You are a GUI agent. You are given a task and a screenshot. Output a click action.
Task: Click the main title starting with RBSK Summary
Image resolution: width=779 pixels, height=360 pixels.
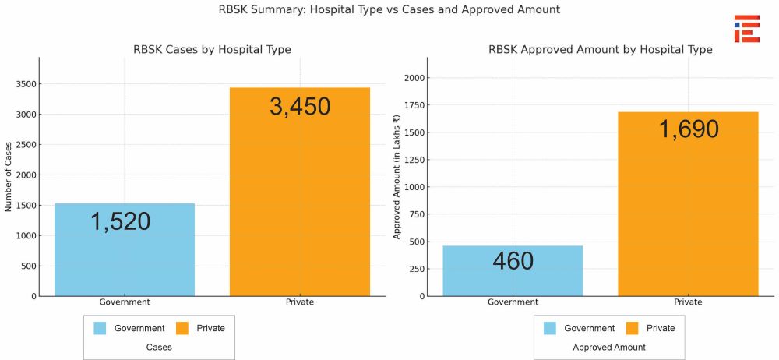pyautogui.click(x=389, y=9)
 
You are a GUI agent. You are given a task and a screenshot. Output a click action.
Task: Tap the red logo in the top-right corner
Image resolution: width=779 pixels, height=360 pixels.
pyautogui.click(x=747, y=28)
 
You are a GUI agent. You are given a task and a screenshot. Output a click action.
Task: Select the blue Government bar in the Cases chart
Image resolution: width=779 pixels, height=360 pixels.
pyautogui.click(x=124, y=249)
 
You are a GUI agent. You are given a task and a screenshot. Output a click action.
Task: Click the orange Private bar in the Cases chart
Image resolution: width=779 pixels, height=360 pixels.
pyautogui.click(x=300, y=192)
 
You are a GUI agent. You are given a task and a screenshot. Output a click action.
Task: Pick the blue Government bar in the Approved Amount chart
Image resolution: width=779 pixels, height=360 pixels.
pyautogui.click(x=513, y=271)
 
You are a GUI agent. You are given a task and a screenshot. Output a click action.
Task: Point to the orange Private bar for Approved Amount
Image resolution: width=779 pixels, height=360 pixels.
pyautogui.click(x=688, y=204)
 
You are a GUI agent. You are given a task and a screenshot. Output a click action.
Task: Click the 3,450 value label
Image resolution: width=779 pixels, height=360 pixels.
pyautogui.click(x=300, y=107)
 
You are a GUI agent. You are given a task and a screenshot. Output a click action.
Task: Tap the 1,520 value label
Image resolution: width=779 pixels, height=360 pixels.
pyautogui.click(x=120, y=221)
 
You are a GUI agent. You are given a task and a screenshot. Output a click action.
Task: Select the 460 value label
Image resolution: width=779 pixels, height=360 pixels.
pyautogui.click(x=513, y=262)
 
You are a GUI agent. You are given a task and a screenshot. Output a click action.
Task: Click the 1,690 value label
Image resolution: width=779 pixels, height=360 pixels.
pyautogui.click(x=689, y=129)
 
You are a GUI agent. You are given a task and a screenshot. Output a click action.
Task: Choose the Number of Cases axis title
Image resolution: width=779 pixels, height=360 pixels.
pyautogui.click(x=9, y=177)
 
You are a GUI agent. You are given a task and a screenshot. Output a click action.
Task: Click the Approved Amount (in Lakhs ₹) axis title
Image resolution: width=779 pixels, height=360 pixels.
pyautogui.click(x=397, y=177)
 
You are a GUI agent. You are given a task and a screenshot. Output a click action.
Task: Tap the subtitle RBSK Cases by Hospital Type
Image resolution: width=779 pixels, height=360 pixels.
pyautogui.click(x=212, y=50)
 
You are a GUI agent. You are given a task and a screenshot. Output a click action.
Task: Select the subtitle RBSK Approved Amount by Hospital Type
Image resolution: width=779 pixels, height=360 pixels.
pyautogui.click(x=601, y=50)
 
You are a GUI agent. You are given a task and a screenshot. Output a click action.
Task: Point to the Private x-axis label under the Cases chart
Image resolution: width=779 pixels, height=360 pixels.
pyautogui.click(x=300, y=302)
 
